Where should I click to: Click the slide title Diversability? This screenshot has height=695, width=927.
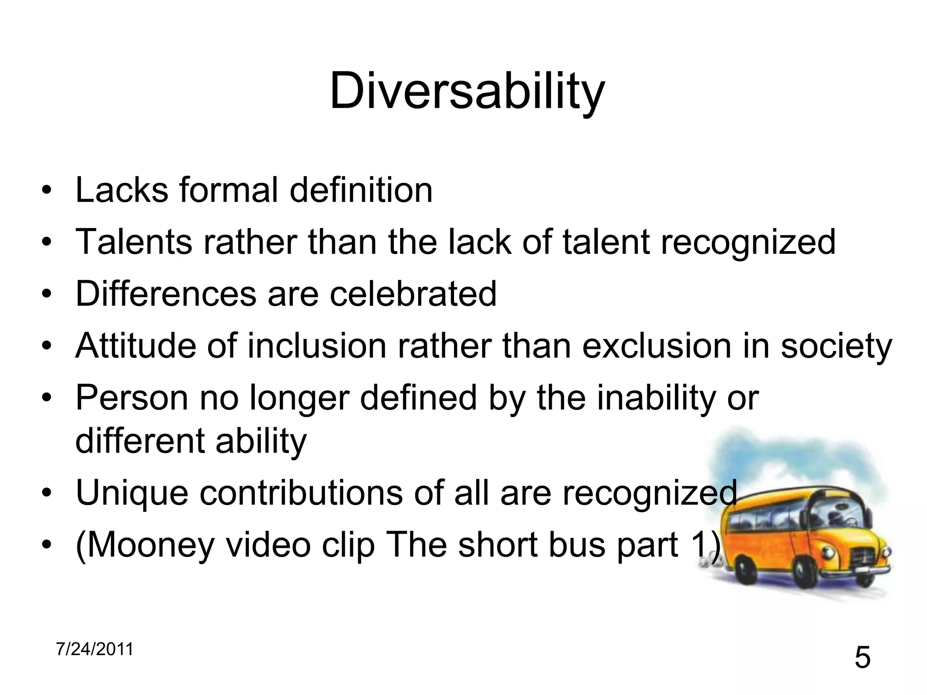[467, 92]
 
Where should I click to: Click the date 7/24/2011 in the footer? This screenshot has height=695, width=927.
[95, 649]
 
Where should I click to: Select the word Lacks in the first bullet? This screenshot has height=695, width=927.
[121, 190]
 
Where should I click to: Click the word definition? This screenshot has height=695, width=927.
[361, 190]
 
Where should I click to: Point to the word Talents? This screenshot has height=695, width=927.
[134, 242]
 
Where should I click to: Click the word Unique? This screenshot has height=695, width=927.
[132, 493]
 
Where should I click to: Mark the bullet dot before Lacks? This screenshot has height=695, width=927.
[45, 191]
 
